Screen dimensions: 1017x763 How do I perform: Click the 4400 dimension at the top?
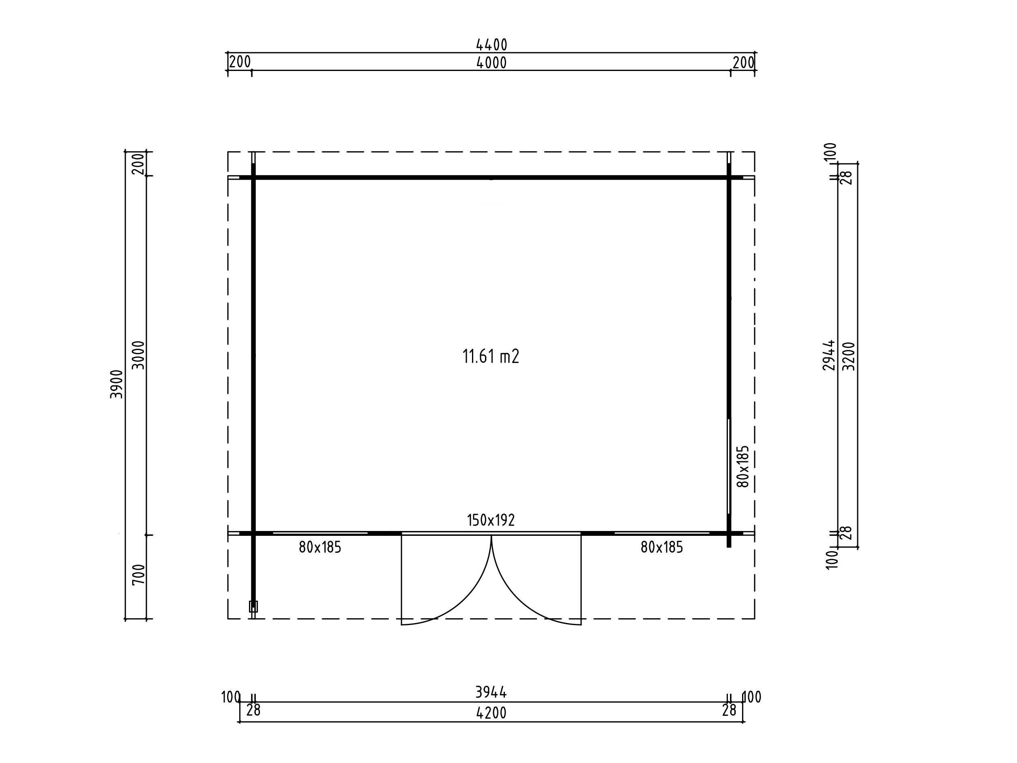click(491, 45)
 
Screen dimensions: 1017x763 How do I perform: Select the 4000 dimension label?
click(491, 62)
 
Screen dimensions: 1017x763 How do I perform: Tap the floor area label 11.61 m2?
click(491, 357)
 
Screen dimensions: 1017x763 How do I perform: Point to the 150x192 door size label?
click(491, 520)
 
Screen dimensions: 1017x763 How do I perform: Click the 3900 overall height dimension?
click(117, 384)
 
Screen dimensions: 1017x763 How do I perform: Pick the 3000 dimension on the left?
click(138, 355)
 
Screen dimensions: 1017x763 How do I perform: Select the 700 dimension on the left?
click(138, 575)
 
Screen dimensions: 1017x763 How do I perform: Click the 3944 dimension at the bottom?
click(491, 692)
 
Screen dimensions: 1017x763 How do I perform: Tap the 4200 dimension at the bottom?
click(491, 713)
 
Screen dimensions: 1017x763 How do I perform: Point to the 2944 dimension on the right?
click(828, 355)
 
